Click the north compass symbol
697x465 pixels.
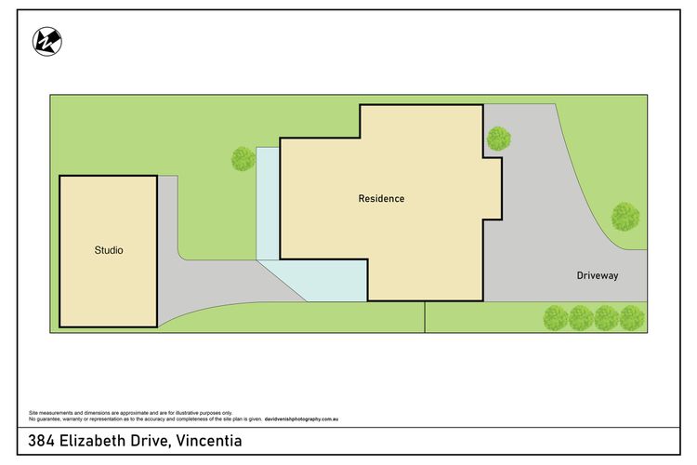(47, 42)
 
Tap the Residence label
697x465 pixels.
(381, 198)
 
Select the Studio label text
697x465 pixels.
(109, 250)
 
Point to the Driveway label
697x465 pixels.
(598, 275)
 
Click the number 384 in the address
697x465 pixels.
(41, 441)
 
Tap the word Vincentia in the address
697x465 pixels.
(209, 441)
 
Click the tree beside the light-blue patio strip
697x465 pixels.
(243, 159)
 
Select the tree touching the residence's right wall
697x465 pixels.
(499, 139)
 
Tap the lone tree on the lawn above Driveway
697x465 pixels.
(625, 217)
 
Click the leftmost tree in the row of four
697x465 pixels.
(556, 318)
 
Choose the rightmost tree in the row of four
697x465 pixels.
(632, 318)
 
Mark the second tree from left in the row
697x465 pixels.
(581, 318)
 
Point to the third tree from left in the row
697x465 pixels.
(606, 318)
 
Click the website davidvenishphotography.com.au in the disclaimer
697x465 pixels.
(301, 419)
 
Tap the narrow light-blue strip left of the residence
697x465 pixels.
(268, 204)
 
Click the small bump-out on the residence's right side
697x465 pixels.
(493, 188)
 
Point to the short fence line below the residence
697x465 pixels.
(425, 317)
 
